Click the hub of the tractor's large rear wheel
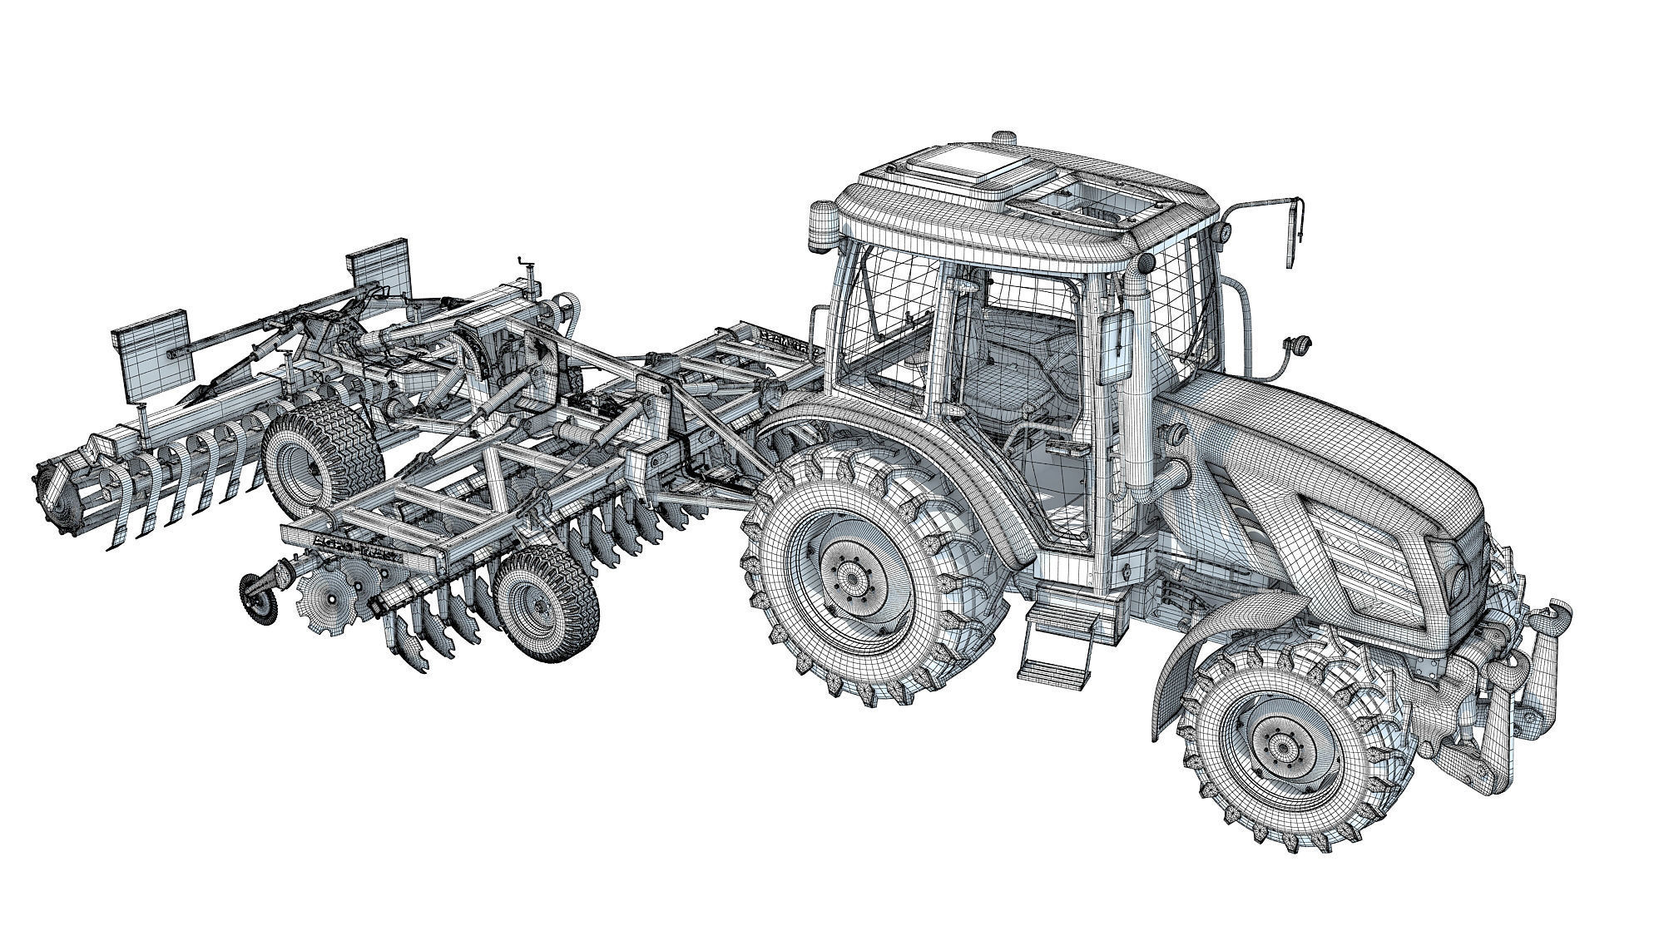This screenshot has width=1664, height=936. (849, 576)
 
